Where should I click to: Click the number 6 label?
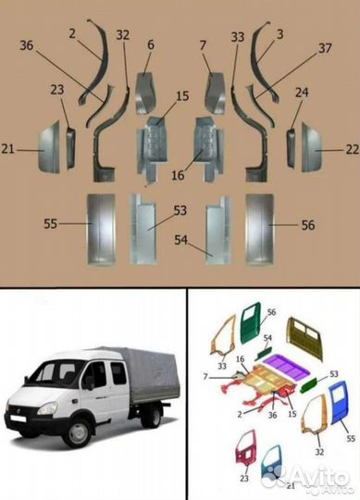151,44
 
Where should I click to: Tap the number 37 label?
325,48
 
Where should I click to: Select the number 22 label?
353,149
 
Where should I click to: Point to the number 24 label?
302,93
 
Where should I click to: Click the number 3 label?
279,34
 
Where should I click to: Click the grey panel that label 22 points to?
311,147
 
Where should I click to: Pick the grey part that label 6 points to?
146,94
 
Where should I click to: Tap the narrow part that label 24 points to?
291,147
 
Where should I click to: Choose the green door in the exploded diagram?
251,323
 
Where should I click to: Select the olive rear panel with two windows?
304,339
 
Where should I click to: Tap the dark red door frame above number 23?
246,448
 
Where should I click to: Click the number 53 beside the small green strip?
333,374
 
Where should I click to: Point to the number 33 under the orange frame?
222,366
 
